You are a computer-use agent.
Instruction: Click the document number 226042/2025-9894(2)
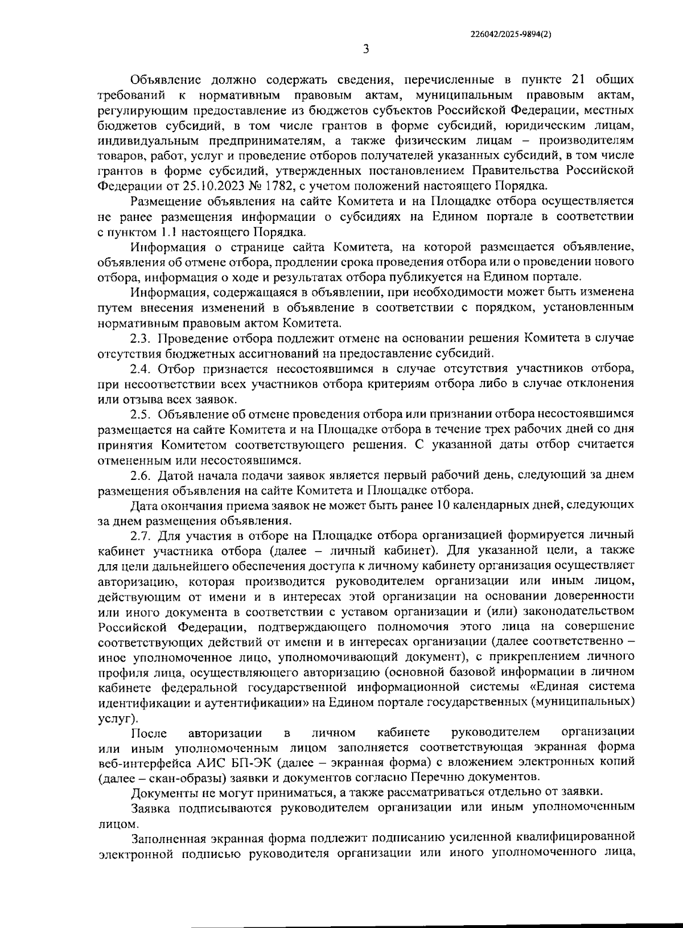pyautogui.click(x=511, y=34)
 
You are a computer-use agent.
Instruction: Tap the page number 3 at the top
pyautogui.click(x=366, y=50)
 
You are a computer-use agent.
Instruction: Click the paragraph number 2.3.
pyautogui.click(x=141, y=339)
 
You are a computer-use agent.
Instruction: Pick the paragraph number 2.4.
pyautogui.click(x=141, y=369)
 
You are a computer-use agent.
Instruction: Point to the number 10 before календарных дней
pyautogui.click(x=442, y=506)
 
